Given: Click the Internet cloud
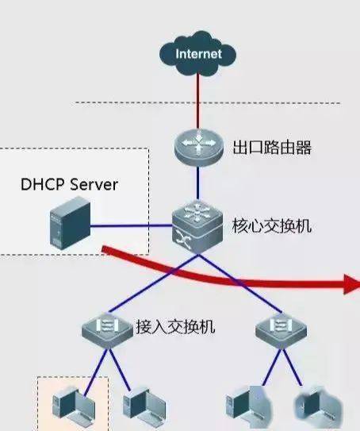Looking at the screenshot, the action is (x=197, y=54).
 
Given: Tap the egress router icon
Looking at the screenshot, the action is (x=198, y=148).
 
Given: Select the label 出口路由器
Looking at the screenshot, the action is (x=272, y=148).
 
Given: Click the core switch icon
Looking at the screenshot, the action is (x=197, y=227).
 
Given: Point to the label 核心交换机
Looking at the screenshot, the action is (x=272, y=226).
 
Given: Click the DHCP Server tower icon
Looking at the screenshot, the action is (x=71, y=223).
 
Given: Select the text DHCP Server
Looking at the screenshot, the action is (x=69, y=184).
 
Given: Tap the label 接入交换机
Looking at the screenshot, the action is (x=176, y=327).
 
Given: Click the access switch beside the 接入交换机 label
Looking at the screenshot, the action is (x=107, y=330).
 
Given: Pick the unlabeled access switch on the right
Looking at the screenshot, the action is (x=281, y=330).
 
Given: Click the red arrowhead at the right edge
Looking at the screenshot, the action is (x=352, y=284).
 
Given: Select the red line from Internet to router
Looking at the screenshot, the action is (x=197, y=102).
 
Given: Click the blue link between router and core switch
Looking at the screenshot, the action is (x=197, y=183).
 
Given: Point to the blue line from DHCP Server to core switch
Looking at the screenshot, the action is (x=132, y=226).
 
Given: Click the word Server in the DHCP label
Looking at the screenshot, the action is (x=94, y=184).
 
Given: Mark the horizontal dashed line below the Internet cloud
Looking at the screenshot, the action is (x=208, y=103).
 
